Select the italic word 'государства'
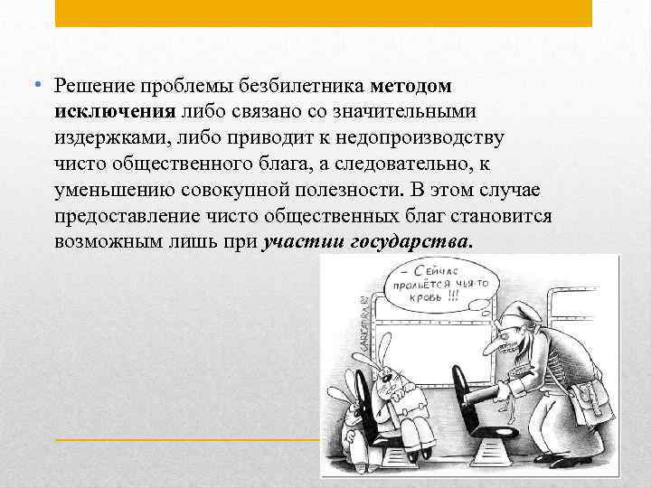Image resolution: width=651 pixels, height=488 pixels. click(409, 244)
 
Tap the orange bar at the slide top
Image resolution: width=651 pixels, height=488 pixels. click(324, 13)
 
